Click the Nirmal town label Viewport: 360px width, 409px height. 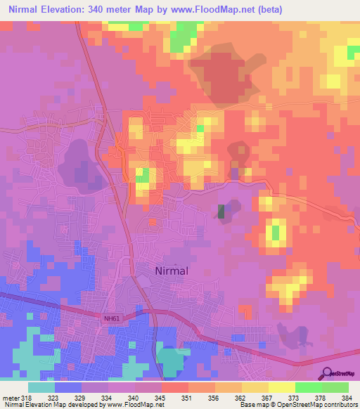pyautogui.click(x=172, y=270)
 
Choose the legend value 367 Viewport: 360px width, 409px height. pyautogui.click(x=269, y=398)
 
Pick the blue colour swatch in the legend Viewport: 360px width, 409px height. pyautogui.click(x=68, y=387)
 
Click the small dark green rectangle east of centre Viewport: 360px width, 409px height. pyautogui.click(x=221, y=212)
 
